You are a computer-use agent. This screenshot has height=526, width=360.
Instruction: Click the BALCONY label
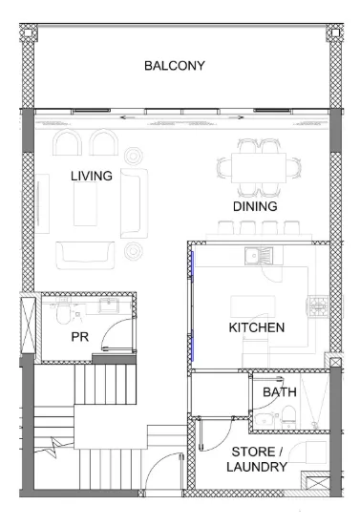175,66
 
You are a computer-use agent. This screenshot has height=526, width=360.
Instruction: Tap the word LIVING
92,176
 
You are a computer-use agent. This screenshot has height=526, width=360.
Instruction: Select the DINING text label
255,206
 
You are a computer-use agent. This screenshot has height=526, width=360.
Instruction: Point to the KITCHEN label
257,327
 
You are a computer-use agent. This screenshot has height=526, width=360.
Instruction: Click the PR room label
80,337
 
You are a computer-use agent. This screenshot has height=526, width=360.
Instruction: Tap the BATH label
280,391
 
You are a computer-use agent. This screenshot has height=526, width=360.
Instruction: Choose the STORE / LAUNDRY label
257,459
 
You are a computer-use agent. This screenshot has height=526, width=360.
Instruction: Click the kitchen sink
259,256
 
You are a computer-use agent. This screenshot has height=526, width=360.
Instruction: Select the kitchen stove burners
318,305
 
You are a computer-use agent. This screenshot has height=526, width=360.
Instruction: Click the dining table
259,168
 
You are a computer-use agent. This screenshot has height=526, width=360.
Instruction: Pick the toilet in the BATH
288,417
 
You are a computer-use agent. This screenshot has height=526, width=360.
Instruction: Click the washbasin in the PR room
108,305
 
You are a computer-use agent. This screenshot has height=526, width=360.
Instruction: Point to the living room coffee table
85,204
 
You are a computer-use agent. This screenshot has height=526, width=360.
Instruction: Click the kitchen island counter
253,306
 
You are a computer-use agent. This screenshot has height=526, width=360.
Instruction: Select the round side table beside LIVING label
133,156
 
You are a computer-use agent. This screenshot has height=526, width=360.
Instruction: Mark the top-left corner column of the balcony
29,32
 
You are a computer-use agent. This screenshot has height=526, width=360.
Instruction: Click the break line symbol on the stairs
53,446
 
